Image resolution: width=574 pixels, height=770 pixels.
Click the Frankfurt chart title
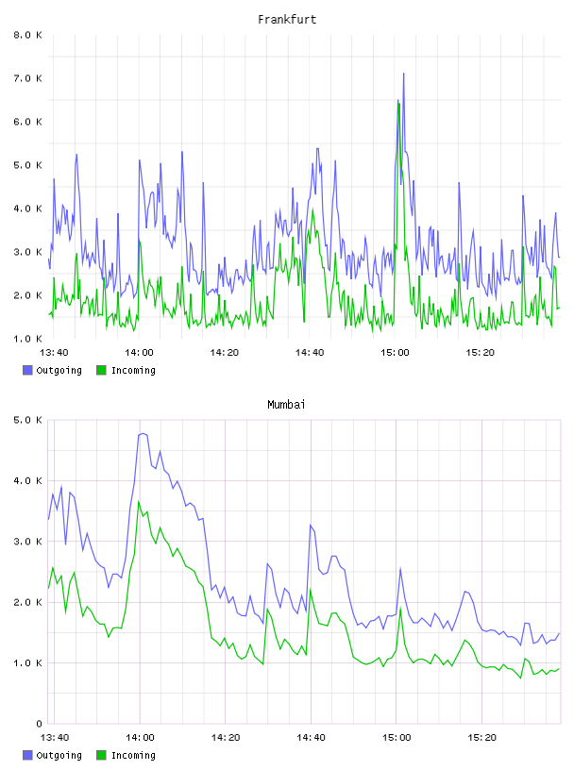click(287, 20)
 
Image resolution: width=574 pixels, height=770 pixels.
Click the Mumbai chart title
click(286, 405)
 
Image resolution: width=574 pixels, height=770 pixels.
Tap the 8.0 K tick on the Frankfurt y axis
click(27, 35)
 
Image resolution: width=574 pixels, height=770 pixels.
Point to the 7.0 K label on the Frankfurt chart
click(27, 78)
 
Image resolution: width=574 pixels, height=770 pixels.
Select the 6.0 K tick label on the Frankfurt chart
click(27, 122)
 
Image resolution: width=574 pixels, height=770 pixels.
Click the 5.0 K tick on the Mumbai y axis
click(27, 420)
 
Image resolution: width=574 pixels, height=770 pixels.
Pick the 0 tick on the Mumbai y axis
click(40, 724)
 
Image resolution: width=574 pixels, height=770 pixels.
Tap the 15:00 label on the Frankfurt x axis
click(395, 353)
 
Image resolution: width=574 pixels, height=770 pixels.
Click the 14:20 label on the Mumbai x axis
click(226, 738)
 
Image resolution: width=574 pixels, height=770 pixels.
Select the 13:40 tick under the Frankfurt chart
click(54, 353)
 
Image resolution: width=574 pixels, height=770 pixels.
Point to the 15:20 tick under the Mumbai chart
click(481, 738)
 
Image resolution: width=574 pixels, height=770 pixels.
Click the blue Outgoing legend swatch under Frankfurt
click(27, 370)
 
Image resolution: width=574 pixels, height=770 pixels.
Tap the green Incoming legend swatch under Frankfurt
click(101, 370)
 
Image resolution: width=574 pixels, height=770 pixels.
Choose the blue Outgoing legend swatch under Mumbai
click(27, 755)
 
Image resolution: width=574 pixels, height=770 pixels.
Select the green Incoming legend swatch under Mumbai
click(101, 755)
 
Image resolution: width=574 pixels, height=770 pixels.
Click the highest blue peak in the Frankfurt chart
click(403, 74)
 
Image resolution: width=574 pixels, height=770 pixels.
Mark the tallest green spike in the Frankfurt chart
click(399, 104)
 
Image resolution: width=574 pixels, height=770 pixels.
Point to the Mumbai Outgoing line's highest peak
click(142, 434)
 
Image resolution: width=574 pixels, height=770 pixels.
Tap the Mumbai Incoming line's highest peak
click(139, 501)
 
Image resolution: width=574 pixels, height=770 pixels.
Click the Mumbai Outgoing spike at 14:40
click(311, 526)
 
